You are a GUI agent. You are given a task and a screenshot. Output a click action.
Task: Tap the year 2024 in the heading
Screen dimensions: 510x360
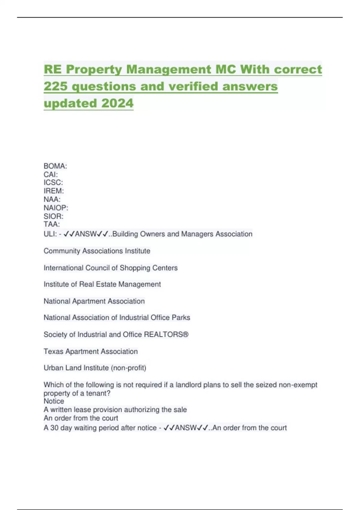click(x=117, y=103)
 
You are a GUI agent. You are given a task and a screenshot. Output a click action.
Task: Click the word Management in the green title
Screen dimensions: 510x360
click(x=169, y=69)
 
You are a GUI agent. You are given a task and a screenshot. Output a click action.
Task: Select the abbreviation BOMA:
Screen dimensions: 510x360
click(x=55, y=166)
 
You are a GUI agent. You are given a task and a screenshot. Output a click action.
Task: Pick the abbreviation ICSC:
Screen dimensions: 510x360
click(x=53, y=182)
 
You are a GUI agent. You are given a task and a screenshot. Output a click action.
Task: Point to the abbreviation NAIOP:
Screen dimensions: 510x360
click(x=56, y=208)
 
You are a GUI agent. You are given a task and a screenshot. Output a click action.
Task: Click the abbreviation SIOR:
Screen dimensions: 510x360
click(x=53, y=216)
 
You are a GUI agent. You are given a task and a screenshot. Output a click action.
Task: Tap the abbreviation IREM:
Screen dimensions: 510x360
click(x=54, y=191)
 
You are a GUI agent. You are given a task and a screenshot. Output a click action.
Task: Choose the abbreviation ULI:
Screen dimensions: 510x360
click(x=50, y=234)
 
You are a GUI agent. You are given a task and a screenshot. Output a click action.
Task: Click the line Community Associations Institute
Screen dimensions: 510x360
click(x=97, y=251)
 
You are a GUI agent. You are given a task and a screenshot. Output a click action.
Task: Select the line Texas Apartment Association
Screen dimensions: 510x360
click(x=91, y=351)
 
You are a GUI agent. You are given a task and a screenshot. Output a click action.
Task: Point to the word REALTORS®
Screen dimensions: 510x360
click(x=166, y=334)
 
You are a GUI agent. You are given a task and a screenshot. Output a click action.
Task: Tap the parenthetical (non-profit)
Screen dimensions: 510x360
click(x=128, y=368)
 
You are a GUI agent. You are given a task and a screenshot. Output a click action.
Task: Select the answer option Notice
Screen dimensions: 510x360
click(x=54, y=401)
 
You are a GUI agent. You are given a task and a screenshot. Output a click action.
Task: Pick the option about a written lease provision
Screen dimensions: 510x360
click(x=115, y=409)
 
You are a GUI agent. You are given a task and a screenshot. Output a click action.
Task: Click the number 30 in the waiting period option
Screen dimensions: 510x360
click(x=54, y=427)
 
